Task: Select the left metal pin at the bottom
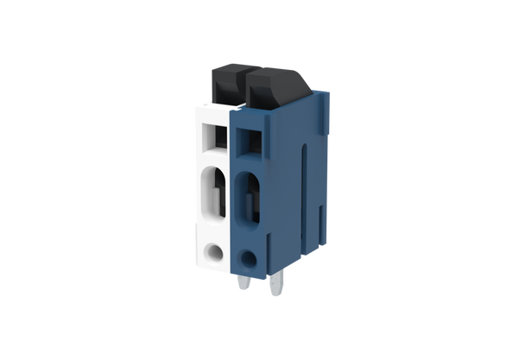coord(240,290)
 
